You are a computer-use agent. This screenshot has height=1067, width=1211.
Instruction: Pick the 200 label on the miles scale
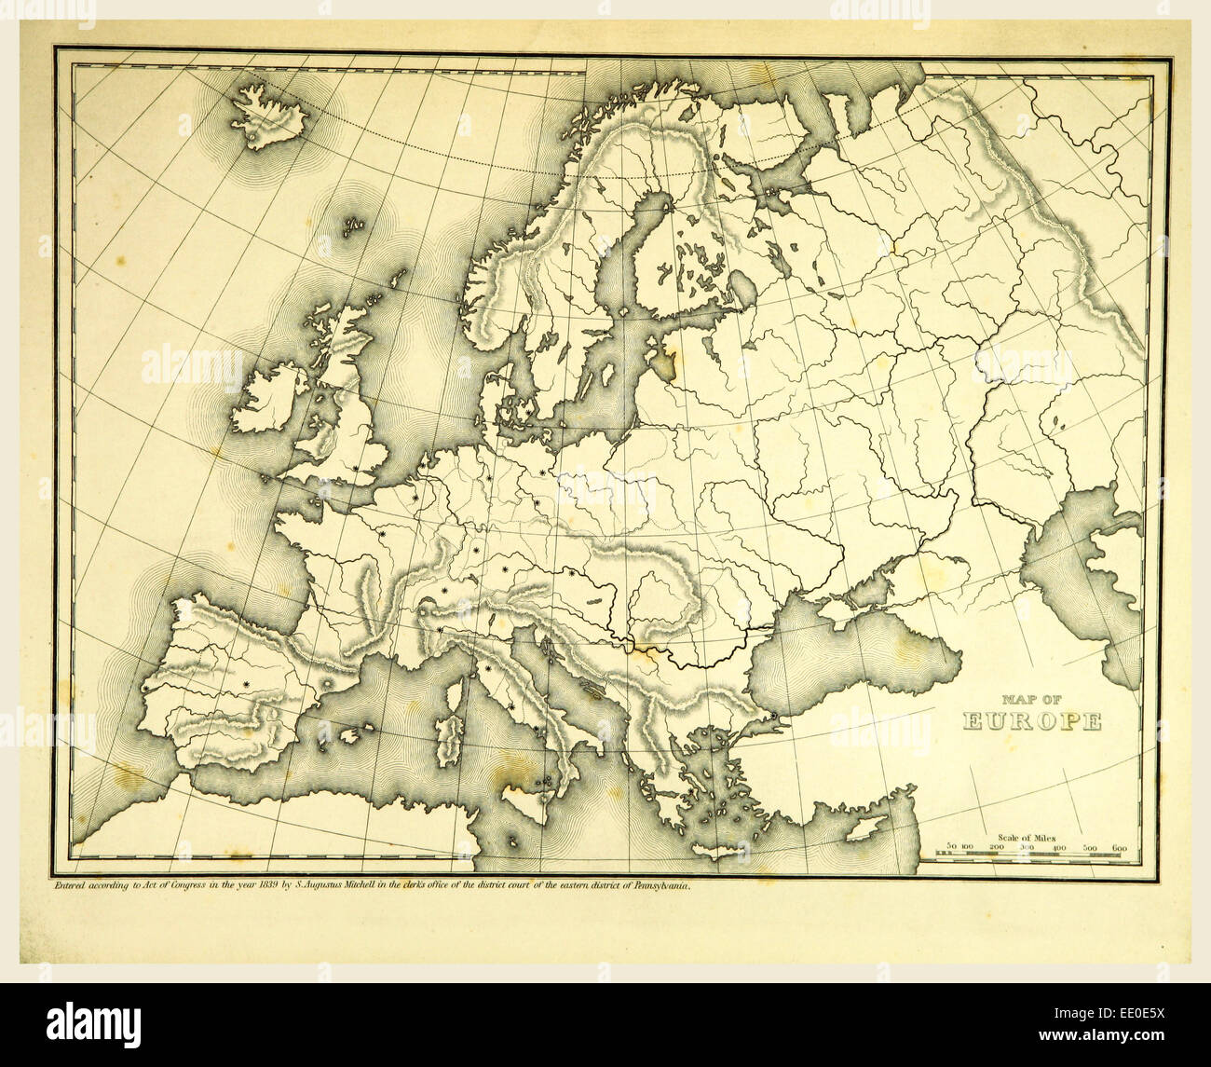(996, 847)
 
